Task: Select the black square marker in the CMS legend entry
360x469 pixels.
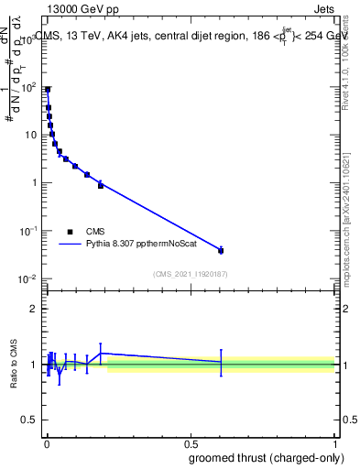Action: pos(71,232)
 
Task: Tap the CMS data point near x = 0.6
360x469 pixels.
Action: pos(221,250)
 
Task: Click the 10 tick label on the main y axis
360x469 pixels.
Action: pos(31,135)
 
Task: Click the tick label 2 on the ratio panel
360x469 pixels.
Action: pos(35,309)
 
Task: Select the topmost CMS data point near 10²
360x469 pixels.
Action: pos(48,90)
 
